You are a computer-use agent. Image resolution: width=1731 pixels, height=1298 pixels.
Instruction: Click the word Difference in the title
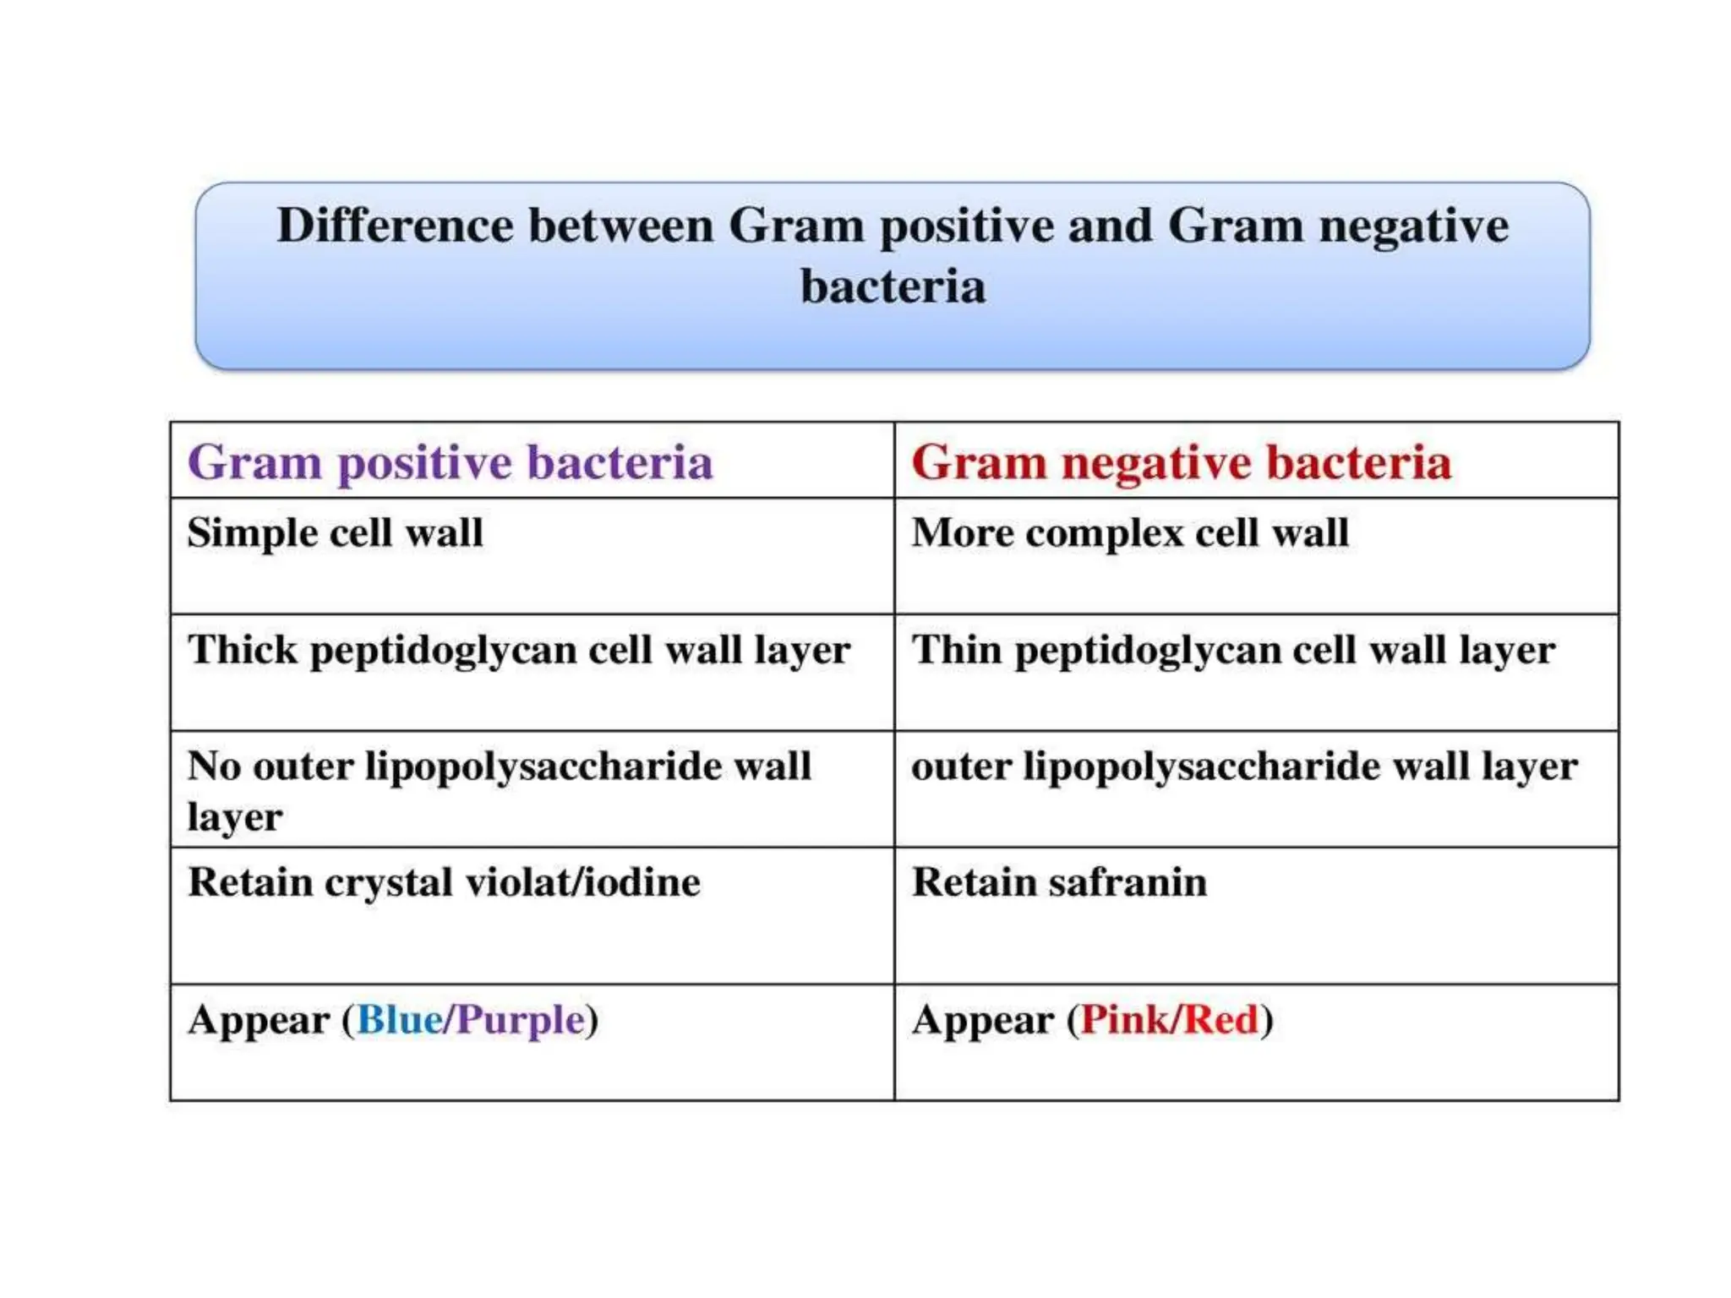395,226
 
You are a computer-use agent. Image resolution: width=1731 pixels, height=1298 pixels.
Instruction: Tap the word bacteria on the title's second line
893,286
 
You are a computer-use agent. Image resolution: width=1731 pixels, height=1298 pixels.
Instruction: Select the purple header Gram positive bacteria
450,462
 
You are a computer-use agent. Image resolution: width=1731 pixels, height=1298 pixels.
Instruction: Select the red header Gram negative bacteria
1181,462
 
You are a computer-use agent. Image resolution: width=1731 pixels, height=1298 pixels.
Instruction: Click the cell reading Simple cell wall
335,533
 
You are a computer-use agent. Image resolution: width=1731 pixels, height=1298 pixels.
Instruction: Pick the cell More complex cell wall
1129,533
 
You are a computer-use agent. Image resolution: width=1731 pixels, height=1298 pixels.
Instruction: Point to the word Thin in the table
956,650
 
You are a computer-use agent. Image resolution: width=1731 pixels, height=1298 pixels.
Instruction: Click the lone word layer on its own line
234,817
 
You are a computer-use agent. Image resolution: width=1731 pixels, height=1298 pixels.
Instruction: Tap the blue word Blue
399,1019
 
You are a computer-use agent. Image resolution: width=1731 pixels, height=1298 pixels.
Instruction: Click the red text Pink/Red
1170,1019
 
